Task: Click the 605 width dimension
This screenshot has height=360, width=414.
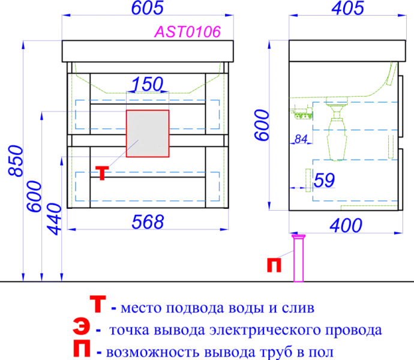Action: pyautogui.click(x=148, y=8)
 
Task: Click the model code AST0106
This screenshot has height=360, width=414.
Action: pyautogui.click(x=187, y=32)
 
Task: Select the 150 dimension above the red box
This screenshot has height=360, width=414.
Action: pyautogui.click(x=148, y=84)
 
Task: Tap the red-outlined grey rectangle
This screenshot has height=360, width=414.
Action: pyautogui.click(x=148, y=134)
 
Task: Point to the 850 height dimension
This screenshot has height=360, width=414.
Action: pyautogui.click(x=16, y=161)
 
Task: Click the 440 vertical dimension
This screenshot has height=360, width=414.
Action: pyautogui.click(x=54, y=219)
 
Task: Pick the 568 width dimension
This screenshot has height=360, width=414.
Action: pyautogui.click(x=148, y=221)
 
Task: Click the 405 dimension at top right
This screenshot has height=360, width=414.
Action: pyautogui.click(x=348, y=8)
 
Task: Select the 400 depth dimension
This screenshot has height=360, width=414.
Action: pyautogui.click(x=346, y=226)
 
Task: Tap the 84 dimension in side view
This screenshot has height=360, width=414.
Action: pyautogui.click(x=301, y=139)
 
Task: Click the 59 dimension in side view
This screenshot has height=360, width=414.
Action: pyautogui.click(x=324, y=180)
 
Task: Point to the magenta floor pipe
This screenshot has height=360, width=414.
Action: pyautogui.click(x=299, y=259)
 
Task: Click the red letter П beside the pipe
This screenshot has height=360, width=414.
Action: pyautogui.click(x=274, y=265)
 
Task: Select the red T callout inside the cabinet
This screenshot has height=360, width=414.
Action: pyautogui.click(x=102, y=173)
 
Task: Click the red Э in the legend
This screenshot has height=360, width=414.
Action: pyautogui.click(x=82, y=327)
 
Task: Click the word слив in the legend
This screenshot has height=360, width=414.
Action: pyautogui.click(x=298, y=308)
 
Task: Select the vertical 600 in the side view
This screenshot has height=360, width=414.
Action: pyautogui.click(x=262, y=125)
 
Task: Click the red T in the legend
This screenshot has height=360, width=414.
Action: pyautogui.click(x=98, y=304)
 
